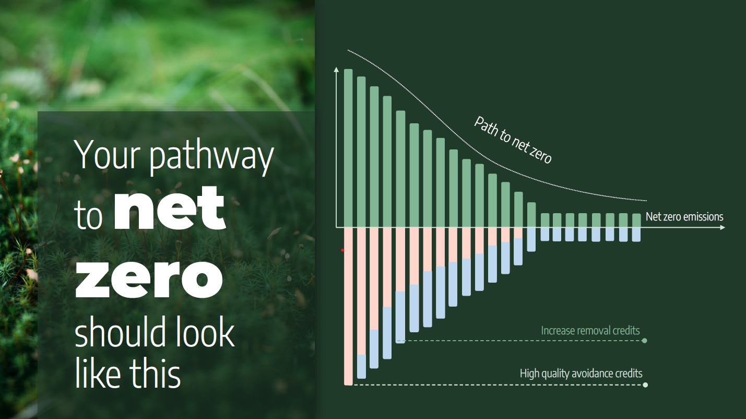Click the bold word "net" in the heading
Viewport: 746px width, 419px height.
[x=170, y=207]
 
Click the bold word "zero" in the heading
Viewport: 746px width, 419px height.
[x=149, y=280]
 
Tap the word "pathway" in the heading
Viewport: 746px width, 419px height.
[x=211, y=156]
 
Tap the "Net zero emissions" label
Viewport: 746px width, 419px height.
[x=684, y=217]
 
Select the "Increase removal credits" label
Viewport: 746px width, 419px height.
[x=590, y=331]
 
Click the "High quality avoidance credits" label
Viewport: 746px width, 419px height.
[x=581, y=374]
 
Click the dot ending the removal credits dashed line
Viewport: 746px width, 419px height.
[x=644, y=341]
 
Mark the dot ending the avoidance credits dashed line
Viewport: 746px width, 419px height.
[x=645, y=385]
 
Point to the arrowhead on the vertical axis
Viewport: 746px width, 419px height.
[x=336, y=69]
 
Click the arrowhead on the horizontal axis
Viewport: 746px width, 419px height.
[x=723, y=227]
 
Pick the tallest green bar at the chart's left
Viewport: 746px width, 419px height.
[x=348, y=148]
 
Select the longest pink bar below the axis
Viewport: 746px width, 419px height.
[x=348, y=306]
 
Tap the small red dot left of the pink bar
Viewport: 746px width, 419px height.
[x=342, y=250]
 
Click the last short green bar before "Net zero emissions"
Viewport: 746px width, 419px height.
[x=636, y=220]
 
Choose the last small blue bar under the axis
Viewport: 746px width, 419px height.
[x=636, y=235]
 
